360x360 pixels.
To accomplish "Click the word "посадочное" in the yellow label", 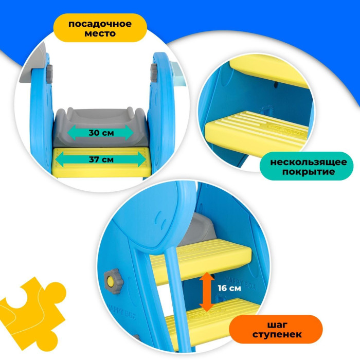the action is tap(100, 24).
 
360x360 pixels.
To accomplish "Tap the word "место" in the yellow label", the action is tap(100, 33).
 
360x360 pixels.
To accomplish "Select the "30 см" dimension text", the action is tap(101, 133).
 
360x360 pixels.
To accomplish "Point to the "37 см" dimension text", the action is tap(101, 159).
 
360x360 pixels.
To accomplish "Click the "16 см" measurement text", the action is tap(229, 288).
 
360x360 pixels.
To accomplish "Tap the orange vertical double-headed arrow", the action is tap(207, 292).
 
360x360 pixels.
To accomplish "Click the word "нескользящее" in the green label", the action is tap(309, 162).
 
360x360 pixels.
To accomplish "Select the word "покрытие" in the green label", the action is tap(309, 172).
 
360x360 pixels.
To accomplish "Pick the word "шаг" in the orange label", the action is tap(277, 325).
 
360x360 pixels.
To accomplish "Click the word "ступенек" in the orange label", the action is tap(277, 334).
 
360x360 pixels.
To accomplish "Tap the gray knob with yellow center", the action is tap(113, 281).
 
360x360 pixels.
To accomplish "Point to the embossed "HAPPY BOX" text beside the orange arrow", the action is tap(240, 283).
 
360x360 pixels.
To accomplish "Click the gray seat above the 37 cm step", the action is tap(100, 128).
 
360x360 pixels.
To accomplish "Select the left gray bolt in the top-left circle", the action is tap(49, 74).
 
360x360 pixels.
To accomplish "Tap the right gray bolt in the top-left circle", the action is tap(154, 73).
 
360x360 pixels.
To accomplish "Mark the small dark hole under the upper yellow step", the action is tap(276, 85).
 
